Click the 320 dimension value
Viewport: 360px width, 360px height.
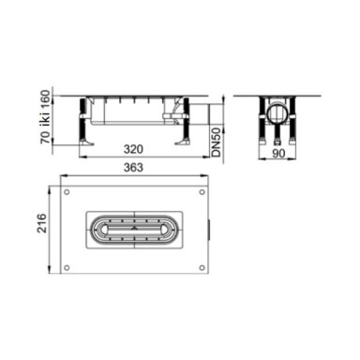click(x=133, y=149)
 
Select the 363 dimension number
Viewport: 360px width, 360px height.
click(x=133, y=168)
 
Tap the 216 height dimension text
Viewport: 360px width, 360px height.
click(x=41, y=223)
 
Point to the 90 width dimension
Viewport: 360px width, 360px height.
click(x=278, y=154)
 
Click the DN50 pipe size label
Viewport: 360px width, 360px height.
click(x=217, y=142)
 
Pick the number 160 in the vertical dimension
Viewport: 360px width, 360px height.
click(x=46, y=99)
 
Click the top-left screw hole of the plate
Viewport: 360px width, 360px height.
click(x=67, y=192)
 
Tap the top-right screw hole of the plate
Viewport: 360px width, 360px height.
click(x=202, y=192)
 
